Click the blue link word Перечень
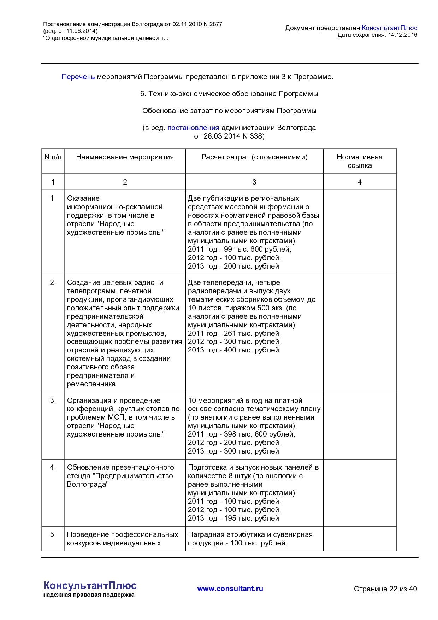tap(78, 77)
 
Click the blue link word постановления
tap(193, 128)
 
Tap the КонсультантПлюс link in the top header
tap(389, 28)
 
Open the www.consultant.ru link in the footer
tap(230, 589)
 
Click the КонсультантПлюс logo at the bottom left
tap(90, 586)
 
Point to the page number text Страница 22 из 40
tap(385, 589)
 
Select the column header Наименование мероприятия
tap(125, 157)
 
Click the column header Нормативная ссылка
tap(359, 161)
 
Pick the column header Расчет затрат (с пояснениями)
tap(254, 157)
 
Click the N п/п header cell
tap(53, 157)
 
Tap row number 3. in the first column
tap(53, 400)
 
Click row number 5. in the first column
tap(53, 534)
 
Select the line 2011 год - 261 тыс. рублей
tap(234, 333)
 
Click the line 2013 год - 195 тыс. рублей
tap(233, 518)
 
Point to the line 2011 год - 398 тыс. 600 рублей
tap(241, 434)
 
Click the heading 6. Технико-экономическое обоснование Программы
tap(229, 94)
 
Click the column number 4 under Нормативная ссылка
tap(360, 182)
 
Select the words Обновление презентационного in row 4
tap(120, 467)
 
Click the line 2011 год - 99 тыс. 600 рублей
tap(239, 249)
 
